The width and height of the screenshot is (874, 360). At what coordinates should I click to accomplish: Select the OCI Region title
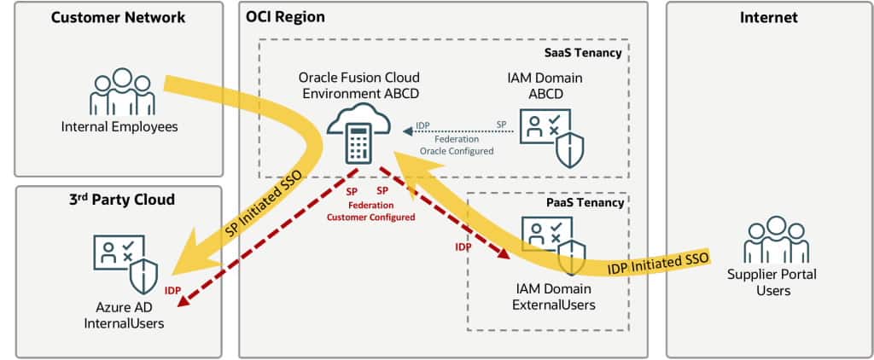[x=286, y=17]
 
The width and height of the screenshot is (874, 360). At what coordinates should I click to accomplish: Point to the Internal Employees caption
[x=119, y=128]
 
